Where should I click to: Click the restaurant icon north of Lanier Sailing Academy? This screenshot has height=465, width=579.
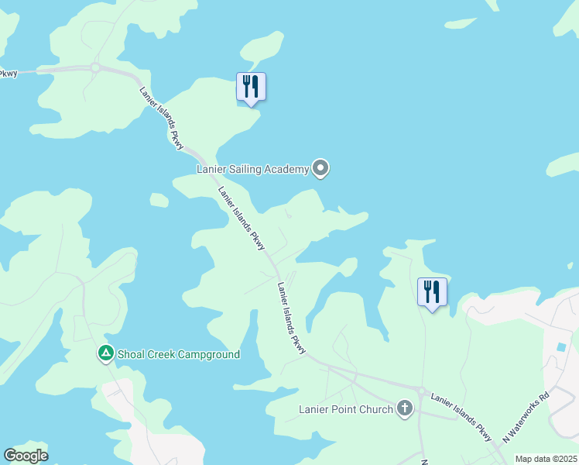pyautogui.click(x=251, y=87)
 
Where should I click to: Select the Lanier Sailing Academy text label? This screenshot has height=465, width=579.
pyautogui.click(x=252, y=169)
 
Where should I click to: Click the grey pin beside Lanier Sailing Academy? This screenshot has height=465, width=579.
pyautogui.click(x=320, y=168)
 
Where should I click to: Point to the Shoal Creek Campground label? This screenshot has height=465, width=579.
pyautogui.click(x=178, y=354)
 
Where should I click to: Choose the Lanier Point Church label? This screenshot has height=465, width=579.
pyautogui.click(x=346, y=408)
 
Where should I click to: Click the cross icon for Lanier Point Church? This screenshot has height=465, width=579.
pyautogui.click(x=404, y=408)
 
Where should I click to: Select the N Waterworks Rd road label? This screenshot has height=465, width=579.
pyautogui.click(x=526, y=417)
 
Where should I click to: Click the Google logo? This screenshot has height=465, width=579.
pyautogui.click(x=26, y=456)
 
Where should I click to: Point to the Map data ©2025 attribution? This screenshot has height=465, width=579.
pyautogui.click(x=546, y=459)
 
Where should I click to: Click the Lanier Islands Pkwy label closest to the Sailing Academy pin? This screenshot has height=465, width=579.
pyautogui.click(x=242, y=219)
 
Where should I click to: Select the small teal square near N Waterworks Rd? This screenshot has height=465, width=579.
pyautogui.click(x=560, y=346)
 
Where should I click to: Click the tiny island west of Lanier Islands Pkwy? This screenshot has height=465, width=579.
pyautogui.click(x=159, y=200)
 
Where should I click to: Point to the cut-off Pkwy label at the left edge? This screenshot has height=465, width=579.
pyautogui.click(x=8, y=74)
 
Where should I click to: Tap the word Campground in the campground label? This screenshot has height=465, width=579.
pyautogui.click(x=205, y=354)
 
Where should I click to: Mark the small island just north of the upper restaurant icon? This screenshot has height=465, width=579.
pyautogui.click(x=262, y=48)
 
